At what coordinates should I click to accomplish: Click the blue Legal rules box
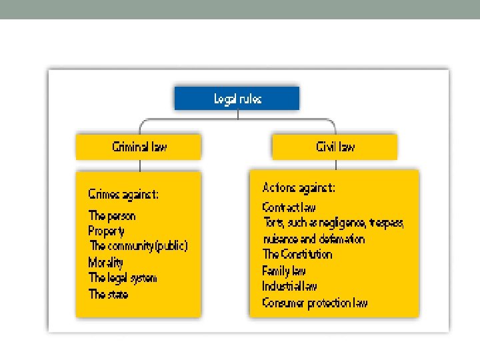click(237, 99)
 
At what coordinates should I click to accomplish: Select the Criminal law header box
click(139, 147)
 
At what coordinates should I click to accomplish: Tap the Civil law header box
click(335, 147)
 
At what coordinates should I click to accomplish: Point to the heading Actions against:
click(299, 188)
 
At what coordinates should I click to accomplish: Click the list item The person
click(112, 215)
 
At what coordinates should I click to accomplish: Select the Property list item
click(107, 231)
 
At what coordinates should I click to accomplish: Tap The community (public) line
click(139, 246)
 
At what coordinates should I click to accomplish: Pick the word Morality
click(106, 262)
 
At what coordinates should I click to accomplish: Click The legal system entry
click(123, 277)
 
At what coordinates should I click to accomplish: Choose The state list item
click(108, 293)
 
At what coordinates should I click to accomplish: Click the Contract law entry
click(289, 207)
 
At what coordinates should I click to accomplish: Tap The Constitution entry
click(297, 254)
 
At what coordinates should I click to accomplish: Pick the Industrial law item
click(290, 286)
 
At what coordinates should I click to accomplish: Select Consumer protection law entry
click(315, 303)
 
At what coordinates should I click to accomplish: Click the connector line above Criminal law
click(139, 127)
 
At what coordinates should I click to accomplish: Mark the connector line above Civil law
click(335, 127)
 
